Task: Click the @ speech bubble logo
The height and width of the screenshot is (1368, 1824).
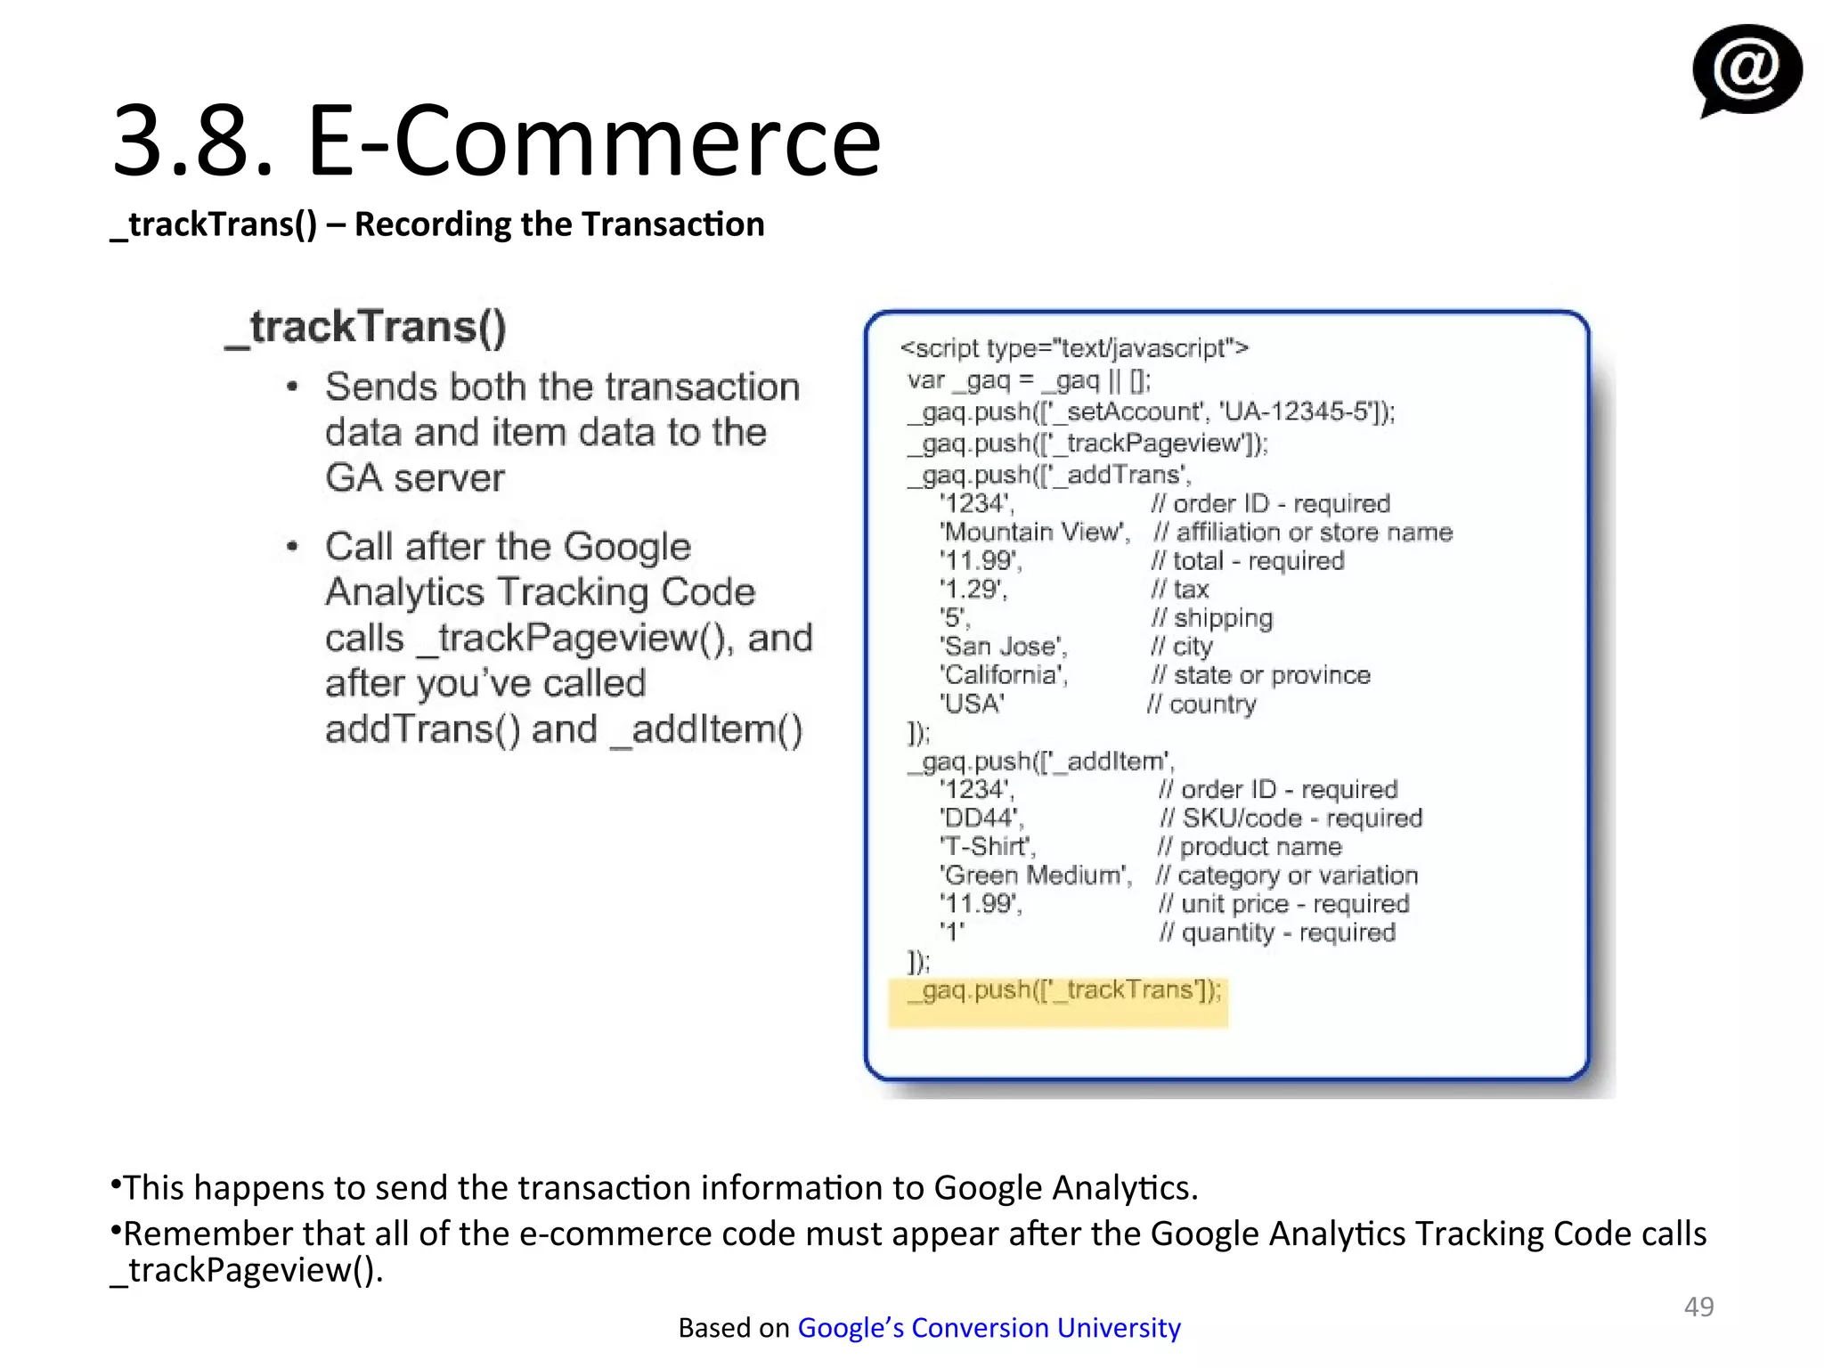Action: (x=1746, y=69)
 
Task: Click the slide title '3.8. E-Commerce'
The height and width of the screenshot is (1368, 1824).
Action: (x=496, y=141)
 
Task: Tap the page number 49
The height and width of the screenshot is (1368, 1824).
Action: (x=1698, y=1306)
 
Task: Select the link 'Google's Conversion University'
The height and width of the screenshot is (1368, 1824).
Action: (x=989, y=1327)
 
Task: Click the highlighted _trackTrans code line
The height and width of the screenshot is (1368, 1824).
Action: (x=1063, y=990)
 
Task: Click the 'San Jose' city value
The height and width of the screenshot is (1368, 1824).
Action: (x=1003, y=647)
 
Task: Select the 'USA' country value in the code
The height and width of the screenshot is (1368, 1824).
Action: (x=973, y=704)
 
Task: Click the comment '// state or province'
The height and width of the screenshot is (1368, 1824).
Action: (x=1260, y=675)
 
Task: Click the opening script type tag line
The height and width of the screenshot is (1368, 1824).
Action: (x=1074, y=348)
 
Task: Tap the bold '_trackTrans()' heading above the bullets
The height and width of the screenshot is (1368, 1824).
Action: (x=366, y=327)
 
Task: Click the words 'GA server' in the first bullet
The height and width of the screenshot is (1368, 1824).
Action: (x=415, y=478)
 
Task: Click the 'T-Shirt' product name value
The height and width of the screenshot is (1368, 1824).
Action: (x=988, y=846)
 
